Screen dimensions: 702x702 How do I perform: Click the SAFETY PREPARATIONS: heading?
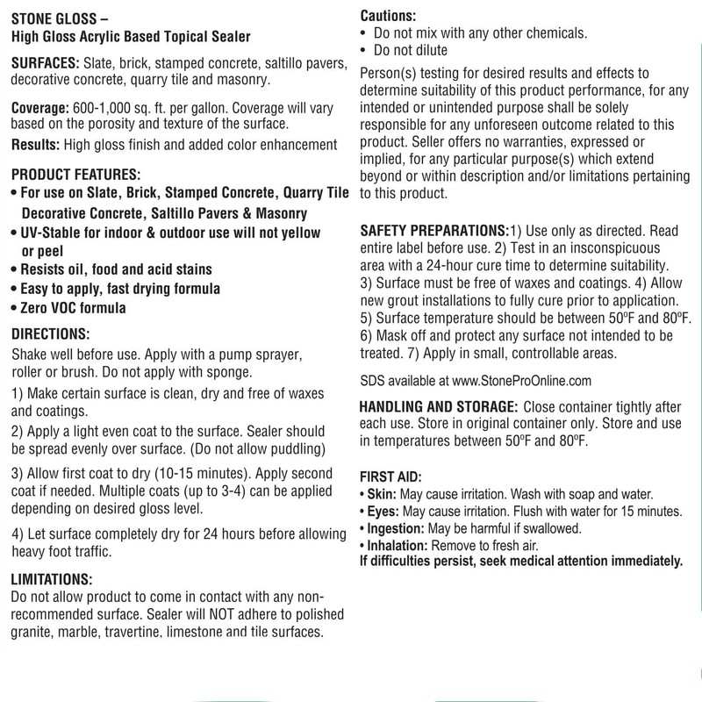click(x=436, y=230)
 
